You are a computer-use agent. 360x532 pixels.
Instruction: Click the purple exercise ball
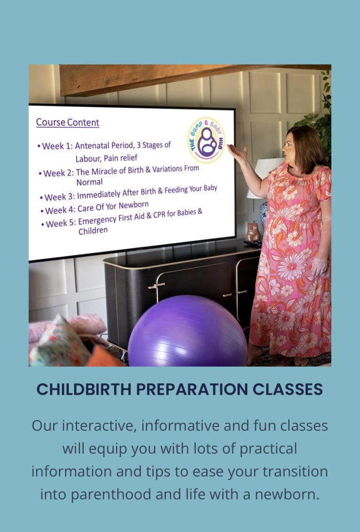tap(187, 331)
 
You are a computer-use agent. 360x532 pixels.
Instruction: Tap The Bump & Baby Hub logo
tap(206, 140)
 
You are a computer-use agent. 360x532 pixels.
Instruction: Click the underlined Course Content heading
tap(68, 122)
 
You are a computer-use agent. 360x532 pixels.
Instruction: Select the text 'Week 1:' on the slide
tap(55, 146)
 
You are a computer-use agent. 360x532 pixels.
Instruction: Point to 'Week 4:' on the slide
tap(60, 210)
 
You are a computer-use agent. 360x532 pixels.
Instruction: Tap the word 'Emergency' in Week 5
tap(98, 221)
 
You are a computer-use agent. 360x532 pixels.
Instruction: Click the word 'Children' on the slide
tap(93, 231)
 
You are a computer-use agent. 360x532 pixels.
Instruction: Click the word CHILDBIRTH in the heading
tap(84, 389)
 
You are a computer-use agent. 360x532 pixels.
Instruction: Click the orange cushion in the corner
tap(103, 357)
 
